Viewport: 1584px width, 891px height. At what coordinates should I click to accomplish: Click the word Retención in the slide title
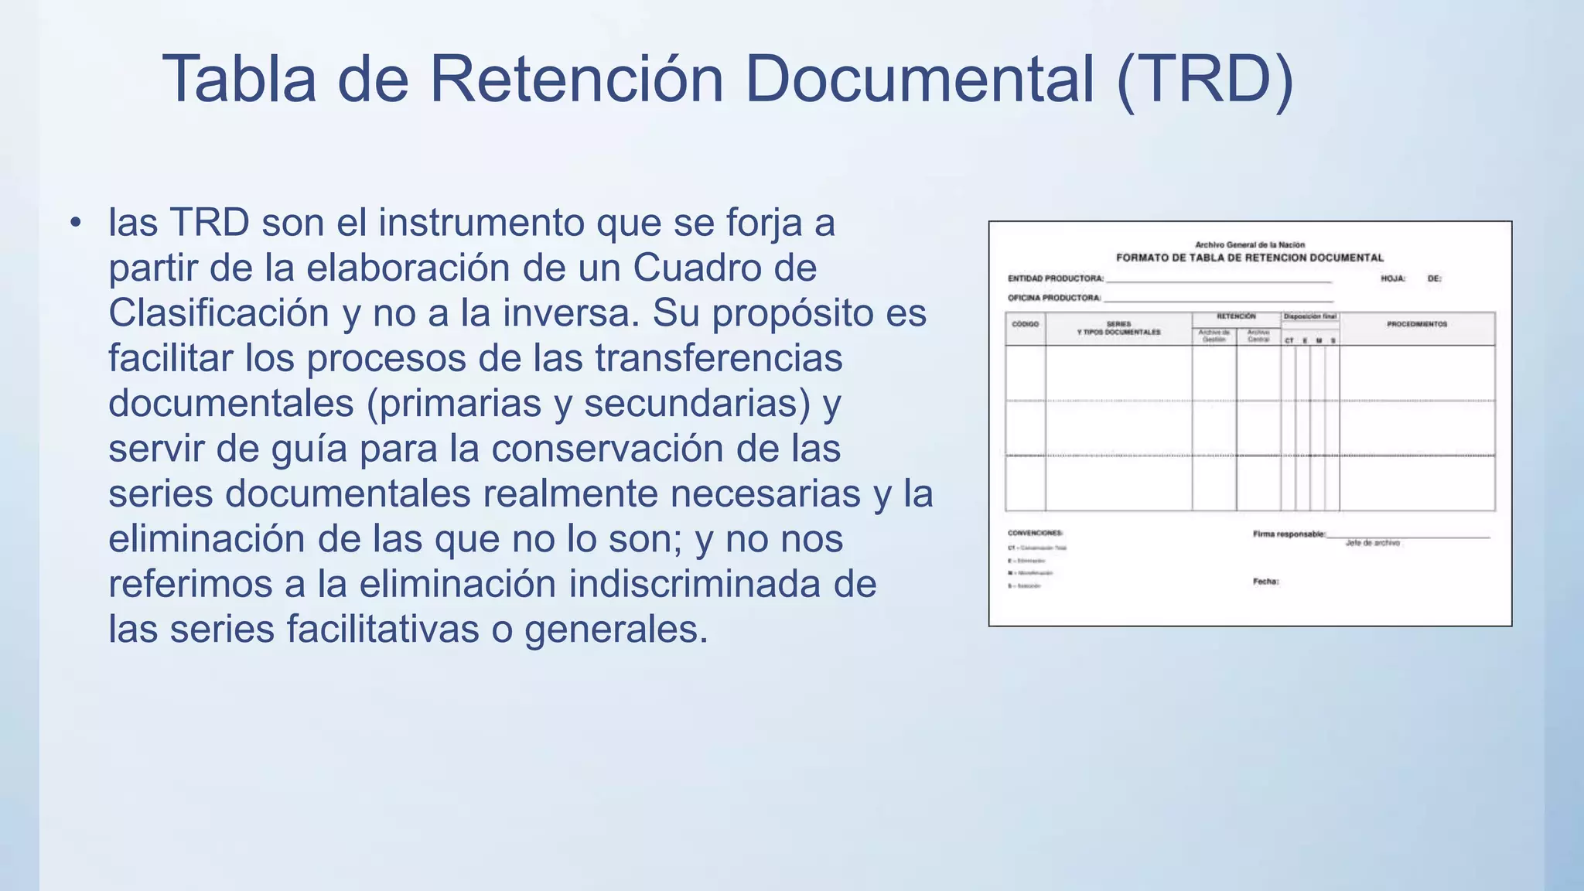click(575, 79)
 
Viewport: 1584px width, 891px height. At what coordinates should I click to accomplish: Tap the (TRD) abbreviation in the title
click(1205, 79)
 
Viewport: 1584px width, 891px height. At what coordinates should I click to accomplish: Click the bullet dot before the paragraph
click(75, 223)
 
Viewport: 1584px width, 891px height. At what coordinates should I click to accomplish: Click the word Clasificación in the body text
click(219, 313)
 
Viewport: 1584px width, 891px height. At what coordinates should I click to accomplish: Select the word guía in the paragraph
click(309, 449)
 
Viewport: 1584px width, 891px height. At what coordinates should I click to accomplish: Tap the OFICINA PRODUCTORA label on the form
click(1053, 298)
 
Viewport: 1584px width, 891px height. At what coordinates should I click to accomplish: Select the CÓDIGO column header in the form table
click(1025, 324)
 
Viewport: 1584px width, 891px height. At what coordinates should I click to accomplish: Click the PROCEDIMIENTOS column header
click(1416, 324)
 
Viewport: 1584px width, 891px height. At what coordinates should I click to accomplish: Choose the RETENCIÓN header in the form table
click(1236, 316)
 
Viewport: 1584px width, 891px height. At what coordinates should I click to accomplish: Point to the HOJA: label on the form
click(1393, 278)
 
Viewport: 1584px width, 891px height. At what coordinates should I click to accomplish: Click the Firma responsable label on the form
click(1289, 534)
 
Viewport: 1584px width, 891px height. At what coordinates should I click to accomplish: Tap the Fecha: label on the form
click(1265, 582)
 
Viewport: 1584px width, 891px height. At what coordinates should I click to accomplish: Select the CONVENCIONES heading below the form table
click(1035, 533)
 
